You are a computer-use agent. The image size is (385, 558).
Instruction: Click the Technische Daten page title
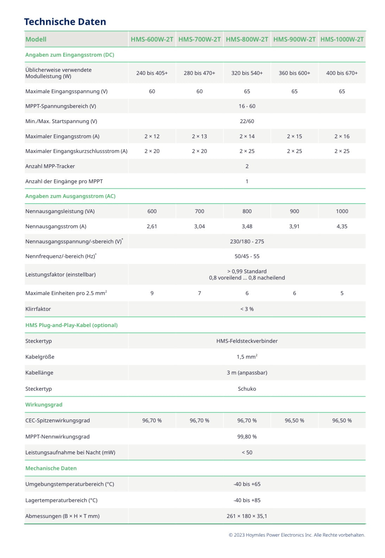point(65,22)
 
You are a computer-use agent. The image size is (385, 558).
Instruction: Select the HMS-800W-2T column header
point(247,39)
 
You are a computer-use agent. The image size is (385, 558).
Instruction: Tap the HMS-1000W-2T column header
point(342,39)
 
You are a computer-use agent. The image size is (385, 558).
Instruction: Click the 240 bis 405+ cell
point(152,73)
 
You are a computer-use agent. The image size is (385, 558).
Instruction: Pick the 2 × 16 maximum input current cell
point(342,136)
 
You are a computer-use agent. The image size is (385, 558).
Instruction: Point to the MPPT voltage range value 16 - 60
point(247,106)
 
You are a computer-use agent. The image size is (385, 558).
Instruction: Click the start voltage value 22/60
point(247,121)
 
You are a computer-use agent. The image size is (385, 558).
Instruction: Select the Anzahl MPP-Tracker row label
point(50,166)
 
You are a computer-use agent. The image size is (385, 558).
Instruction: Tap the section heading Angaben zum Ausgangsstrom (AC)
point(70,196)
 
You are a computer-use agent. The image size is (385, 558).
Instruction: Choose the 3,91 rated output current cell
point(294,226)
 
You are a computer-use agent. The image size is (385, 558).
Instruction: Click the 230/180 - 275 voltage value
point(247,242)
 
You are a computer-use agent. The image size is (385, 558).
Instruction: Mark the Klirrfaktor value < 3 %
point(247,309)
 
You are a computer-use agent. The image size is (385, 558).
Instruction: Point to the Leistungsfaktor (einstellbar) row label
point(60,275)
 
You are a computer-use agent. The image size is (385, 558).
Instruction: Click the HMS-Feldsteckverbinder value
point(247,341)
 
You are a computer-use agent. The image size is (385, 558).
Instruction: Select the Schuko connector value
point(247,389)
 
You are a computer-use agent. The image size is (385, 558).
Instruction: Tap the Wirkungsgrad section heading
point(44,405)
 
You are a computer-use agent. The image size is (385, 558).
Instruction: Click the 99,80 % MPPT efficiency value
point(247,437)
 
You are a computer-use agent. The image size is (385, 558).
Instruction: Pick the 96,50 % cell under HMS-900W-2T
point(294,421)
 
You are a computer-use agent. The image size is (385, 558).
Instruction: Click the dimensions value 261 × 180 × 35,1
point(247,516)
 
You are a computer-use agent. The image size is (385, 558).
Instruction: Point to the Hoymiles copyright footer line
point(297,535)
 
